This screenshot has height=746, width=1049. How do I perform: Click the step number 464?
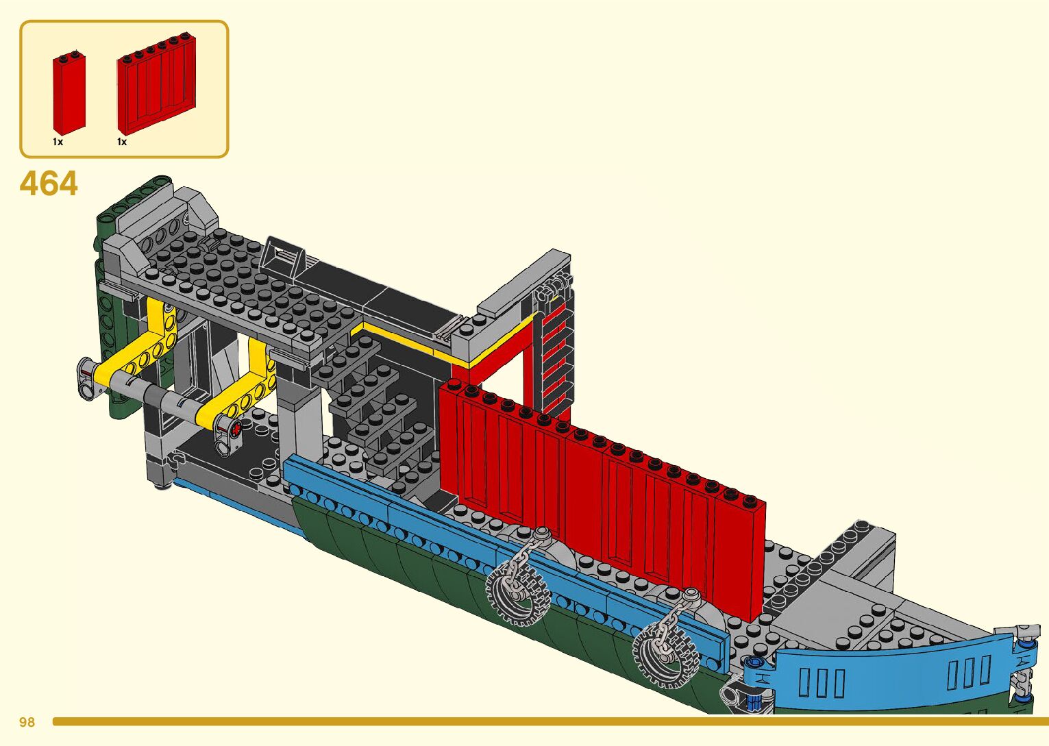click(x=49, y=184)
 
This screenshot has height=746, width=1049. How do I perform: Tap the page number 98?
click(x=27, y=722)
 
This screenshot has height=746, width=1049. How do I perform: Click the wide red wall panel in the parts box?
click(x=156, y=86)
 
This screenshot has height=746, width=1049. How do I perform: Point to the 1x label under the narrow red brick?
click(x=58, y=142)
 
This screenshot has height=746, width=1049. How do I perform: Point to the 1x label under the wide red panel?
click(x=122, y=142)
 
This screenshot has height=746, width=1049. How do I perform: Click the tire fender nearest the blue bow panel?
click(x=663, y=651)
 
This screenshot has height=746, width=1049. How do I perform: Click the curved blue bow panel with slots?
click(x=891, y=671)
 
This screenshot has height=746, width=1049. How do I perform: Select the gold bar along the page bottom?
click(x=548, y=721)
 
